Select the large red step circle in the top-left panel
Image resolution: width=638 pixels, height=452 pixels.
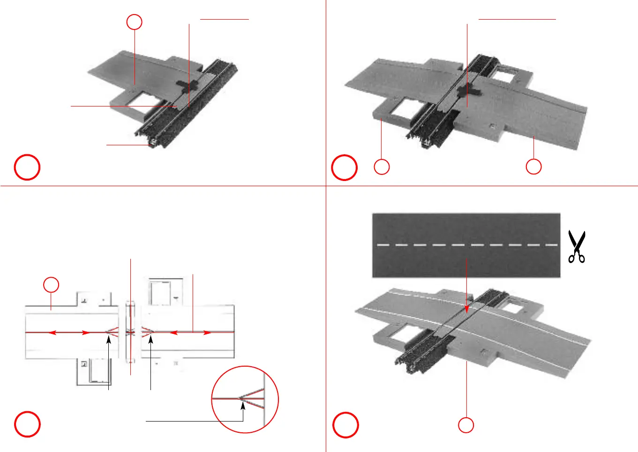[27, 167]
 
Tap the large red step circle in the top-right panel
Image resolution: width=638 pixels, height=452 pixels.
[345, 167]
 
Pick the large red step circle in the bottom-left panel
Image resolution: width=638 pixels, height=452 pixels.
[27, 424]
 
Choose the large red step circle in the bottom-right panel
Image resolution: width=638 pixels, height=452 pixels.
[345, 425]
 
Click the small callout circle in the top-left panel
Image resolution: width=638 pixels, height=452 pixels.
[135, 22]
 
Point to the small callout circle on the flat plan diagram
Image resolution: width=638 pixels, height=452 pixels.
[52, 285]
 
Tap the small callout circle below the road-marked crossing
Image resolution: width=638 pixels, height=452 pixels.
[466, 425]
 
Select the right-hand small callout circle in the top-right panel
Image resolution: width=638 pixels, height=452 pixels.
[533, 166]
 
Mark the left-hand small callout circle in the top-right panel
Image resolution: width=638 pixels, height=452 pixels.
[382, 167]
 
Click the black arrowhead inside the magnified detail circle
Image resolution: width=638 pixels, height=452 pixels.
[243, 406]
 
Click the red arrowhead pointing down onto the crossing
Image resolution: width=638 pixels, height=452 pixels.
[466, 309]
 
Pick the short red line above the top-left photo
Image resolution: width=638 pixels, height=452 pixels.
[224, 19]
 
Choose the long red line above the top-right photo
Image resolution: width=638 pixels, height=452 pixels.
[517, 19]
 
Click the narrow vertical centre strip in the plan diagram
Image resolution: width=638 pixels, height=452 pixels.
[130, 331]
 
